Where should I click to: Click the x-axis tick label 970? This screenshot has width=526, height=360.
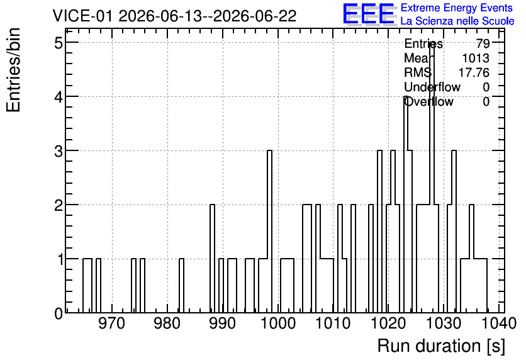[112, 323]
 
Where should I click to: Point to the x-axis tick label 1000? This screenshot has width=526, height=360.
[277, 323]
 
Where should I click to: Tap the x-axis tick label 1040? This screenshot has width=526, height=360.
[498, 323]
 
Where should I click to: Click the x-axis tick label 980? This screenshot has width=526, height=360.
[167, 323]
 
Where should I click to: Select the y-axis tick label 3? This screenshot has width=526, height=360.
[59, 151]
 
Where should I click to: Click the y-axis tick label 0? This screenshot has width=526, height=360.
[59, 313]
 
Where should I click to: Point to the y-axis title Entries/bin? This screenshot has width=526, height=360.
[13, 70]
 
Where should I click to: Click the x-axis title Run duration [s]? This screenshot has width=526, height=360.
[441, 346]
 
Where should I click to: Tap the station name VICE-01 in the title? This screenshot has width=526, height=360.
[83, 16]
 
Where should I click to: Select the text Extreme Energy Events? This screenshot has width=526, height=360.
[457, 8]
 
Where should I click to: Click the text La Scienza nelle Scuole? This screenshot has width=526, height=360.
[457, 21]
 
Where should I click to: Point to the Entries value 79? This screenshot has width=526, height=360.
[483, 43]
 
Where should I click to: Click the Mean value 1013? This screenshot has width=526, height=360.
[476, 58]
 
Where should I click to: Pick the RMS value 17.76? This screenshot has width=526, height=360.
[474, 72]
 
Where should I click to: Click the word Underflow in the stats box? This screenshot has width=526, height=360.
[432, 87]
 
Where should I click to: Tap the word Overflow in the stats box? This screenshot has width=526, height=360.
[428, 101]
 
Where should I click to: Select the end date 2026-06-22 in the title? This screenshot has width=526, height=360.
[255, 16]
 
